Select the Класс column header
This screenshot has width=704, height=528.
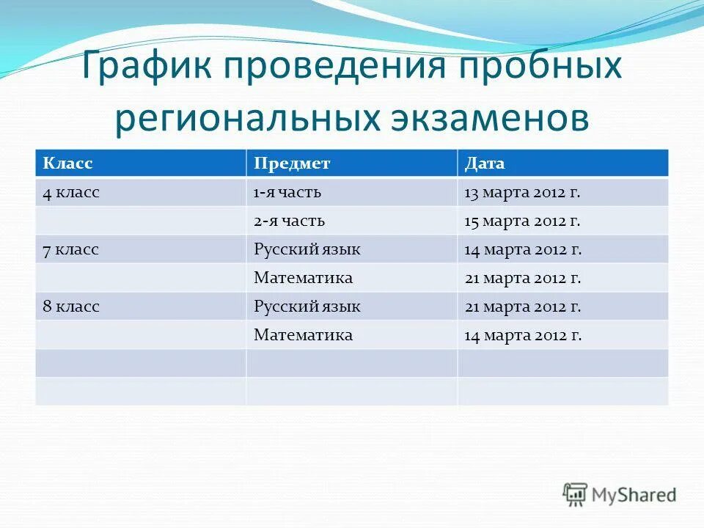pos(67,163)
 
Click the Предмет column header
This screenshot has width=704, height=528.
pos(292,163)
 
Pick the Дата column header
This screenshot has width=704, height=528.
pos(485,163)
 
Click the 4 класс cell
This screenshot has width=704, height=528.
pos(70,193)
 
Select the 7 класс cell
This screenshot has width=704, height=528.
pos(70,250)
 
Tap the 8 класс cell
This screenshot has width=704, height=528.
pos(70,307)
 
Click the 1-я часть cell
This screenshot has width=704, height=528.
pos(288,193)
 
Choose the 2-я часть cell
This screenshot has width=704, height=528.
pos(290,221)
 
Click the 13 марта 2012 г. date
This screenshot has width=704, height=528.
pos(522,193)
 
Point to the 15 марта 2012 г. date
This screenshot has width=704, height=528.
pos(522,221)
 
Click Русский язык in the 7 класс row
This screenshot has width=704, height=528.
pos(307,250)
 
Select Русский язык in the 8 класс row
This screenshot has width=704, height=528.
pos(307,307)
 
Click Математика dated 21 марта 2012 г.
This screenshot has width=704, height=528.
pos(303,278)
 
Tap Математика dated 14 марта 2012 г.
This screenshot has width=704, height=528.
pos(303,335)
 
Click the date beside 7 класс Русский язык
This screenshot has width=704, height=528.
pos(522,250)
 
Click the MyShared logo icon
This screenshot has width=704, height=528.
pos(576,495)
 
